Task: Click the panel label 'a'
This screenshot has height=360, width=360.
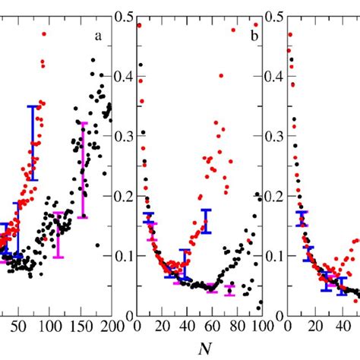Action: coord(98,36)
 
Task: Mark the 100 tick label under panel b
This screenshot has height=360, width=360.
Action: coord(259,327)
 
